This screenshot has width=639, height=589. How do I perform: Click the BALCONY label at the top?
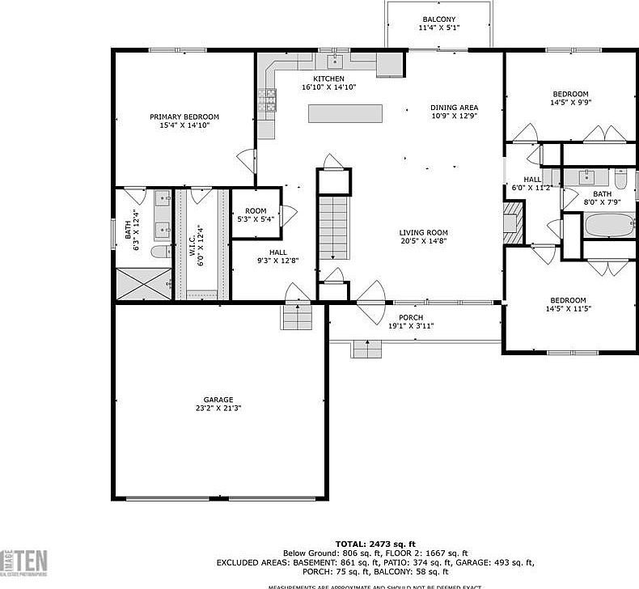[438, 19]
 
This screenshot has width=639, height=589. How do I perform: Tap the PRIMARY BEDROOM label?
[184, 117]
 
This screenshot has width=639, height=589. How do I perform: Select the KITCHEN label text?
[329, 78]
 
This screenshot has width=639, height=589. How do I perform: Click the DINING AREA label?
[454, 108]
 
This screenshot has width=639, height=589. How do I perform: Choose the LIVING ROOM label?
[423, 232]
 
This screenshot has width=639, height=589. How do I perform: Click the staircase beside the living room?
[333, 227]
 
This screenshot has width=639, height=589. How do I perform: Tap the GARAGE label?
[218, 400]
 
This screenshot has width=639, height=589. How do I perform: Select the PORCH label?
[412, 317]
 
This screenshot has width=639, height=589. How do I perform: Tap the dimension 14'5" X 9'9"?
[570, 103]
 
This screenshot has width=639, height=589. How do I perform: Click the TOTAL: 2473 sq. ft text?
[377, 543]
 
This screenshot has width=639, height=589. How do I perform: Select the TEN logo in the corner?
[31, 561]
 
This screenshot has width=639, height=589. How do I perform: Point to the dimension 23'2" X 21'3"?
[218, 409]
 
